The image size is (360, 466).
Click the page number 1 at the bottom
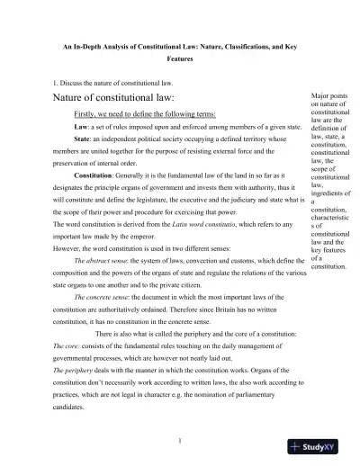click(180, 441)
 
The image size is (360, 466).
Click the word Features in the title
click(180, 59)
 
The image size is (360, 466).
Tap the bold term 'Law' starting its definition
click(81, 128)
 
